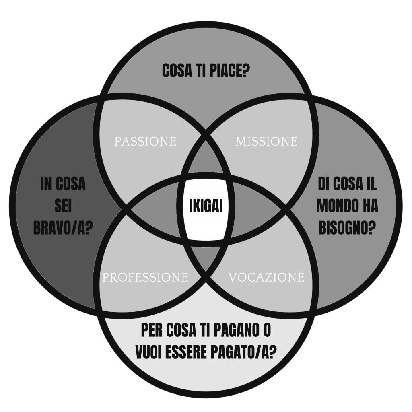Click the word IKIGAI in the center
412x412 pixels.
(x=206, y=206)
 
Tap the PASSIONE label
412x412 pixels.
(x=145, y=142)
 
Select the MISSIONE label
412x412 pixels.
(x=266, y=142)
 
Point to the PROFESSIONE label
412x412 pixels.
(x=145, y=278)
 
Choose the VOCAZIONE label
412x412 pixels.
(x=266, y=278)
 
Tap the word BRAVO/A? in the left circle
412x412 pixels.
(x=63, y=228)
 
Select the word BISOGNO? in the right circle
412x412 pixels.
(x=347, y=228)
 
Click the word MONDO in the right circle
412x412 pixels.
(x=336, y=206)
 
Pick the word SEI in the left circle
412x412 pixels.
(x=63, y=206)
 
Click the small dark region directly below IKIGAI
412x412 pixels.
(x=206, y=257)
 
